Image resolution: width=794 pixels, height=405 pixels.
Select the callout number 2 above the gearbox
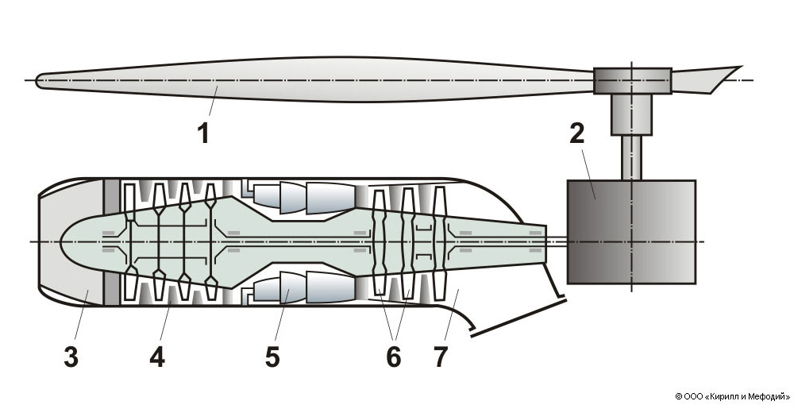[x=577, y=132]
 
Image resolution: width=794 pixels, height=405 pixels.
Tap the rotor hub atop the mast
[x=632, y=80]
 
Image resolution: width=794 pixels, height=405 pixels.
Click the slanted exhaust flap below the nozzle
[x=516, y=318]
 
